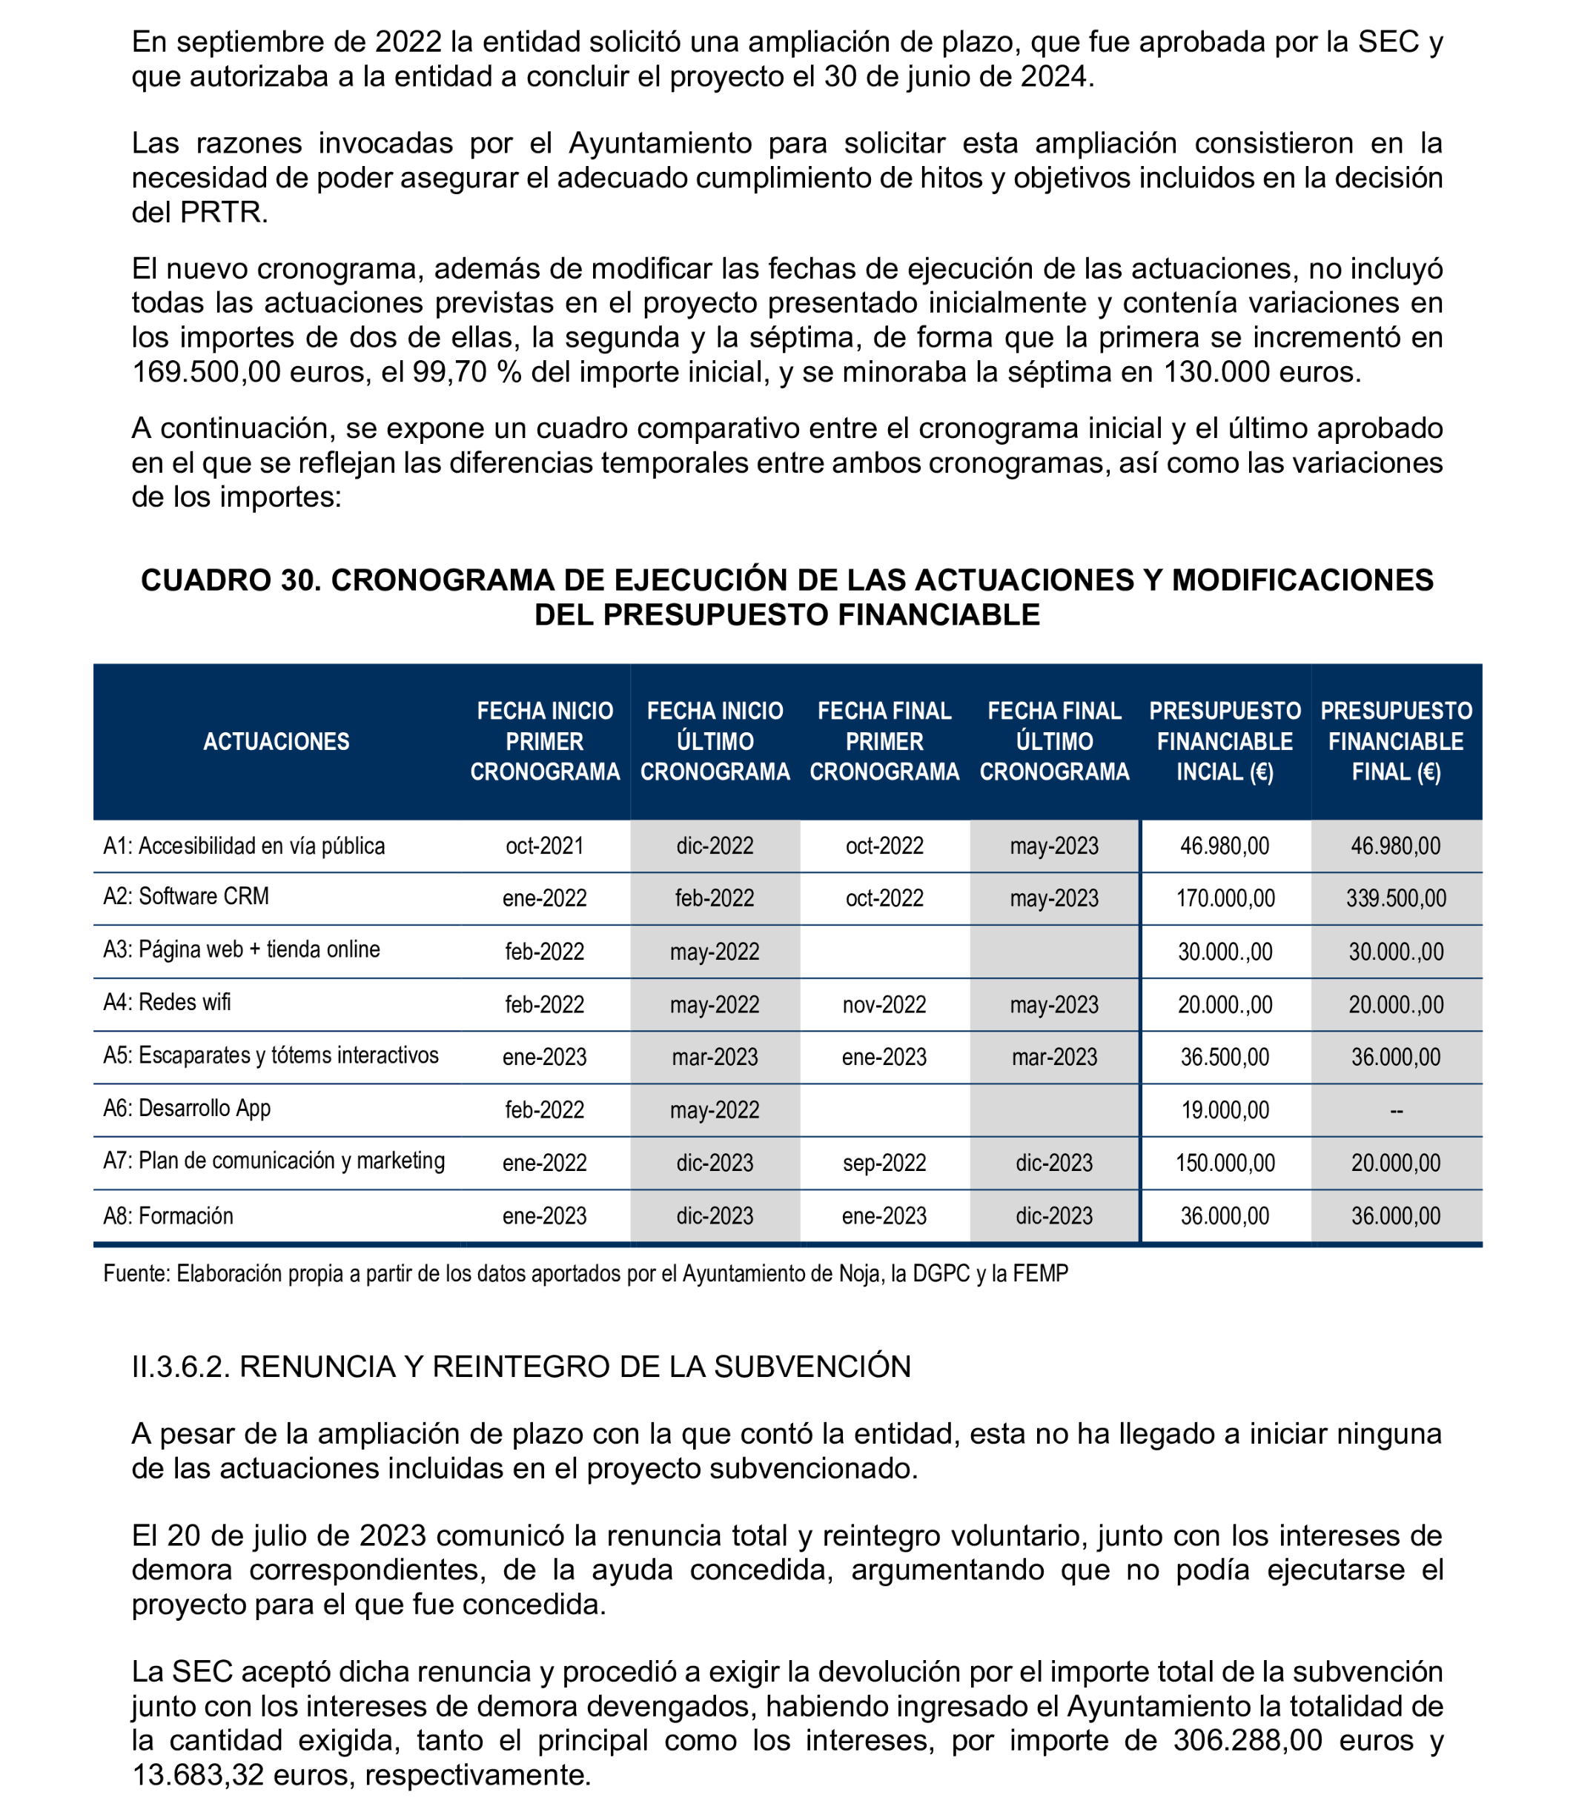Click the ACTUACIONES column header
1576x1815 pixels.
pyautogui.click(x=277, y=741)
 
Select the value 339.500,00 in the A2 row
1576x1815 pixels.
pyautogui.click(x=1396, y=897)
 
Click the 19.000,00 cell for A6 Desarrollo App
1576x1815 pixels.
pyautogui.click(x=1225, y=1109)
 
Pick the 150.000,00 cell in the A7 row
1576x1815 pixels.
pyautogui.click(x=1225, y=1163)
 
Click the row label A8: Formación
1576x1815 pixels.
pyautogui.click(x=168, y=1215)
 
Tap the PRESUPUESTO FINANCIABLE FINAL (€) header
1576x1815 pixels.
pyautogui.click(x=1396, y=741)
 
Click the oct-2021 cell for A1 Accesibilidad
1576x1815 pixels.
pyautogui.click(x=544, y=845)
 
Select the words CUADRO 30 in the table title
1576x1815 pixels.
pyautogui.click(x=228, y=580)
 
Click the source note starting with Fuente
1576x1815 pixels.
pyautogui.click(x=585, y=1273)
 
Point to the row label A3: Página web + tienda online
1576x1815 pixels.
pyautogui.click(x=241, y=949)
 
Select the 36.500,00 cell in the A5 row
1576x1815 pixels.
pyautogui.click(x=1225, y=1057)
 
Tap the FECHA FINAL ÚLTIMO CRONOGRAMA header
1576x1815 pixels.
pyautogui.click(x=1053, y=741)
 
